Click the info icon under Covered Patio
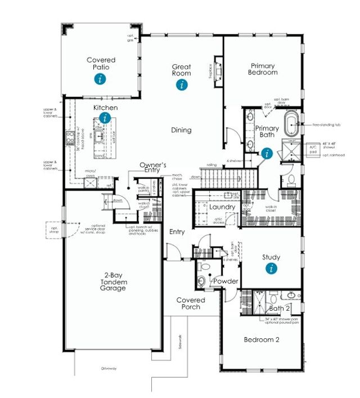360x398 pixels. click(101, 79)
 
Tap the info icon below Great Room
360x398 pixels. click(181, 85)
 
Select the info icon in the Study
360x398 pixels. click(271, 269)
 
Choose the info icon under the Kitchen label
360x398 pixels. click(105, 118)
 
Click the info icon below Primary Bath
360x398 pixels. click(267, 153)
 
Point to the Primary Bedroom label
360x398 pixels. click(263, 69)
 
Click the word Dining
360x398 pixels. click(181, 130)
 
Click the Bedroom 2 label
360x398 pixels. click(262, 339)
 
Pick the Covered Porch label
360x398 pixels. click(191, 304)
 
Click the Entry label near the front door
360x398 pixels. click(178, 232)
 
